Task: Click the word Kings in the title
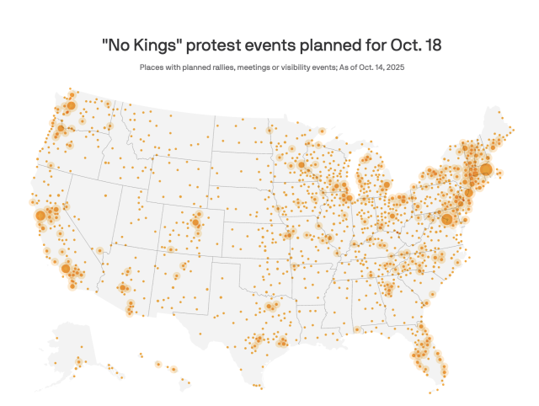[155, 45]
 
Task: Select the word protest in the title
[213, 45]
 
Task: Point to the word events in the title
[270, 45]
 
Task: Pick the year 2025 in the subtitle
[395, 67]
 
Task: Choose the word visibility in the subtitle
[296, 67]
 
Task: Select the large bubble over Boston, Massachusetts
[486, 169]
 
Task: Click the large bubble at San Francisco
[40, 216]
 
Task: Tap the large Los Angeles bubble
[66, 268]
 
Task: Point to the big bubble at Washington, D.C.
[446, 219]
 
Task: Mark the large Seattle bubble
[71, 105]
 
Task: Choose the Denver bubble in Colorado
[195, 222]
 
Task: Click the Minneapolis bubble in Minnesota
[302, 165]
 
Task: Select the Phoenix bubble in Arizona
[123, 287]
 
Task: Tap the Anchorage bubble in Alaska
[79, 361]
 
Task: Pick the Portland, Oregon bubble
[61, 128]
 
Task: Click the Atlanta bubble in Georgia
[389, 287]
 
